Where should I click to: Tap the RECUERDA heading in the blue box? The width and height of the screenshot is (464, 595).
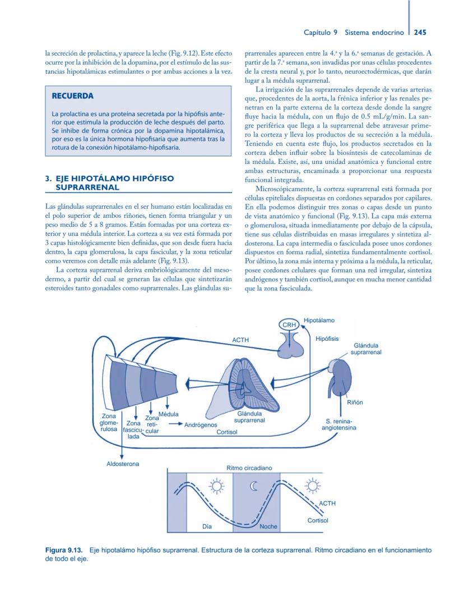click(x=72, y=96)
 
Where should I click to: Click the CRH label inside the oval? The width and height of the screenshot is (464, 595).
click(x=289, y=324)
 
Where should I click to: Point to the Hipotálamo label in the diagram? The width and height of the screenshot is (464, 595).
click(x=319, y=320)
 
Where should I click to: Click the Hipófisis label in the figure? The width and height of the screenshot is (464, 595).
click(x=327, y=339)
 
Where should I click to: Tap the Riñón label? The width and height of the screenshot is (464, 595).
click(x=355, y=402)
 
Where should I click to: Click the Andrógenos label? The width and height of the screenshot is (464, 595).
click(x=201, y=425)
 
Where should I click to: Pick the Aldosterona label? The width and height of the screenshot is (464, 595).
click(x=123, y=464)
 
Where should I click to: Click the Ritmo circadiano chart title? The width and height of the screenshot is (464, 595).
click(x=249, y=467)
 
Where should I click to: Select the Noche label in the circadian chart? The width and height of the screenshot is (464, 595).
click(x=268, y=527)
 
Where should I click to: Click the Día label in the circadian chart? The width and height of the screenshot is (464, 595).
click(x=207, y=527)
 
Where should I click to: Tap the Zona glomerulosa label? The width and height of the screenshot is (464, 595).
click(x=109, y=422)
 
